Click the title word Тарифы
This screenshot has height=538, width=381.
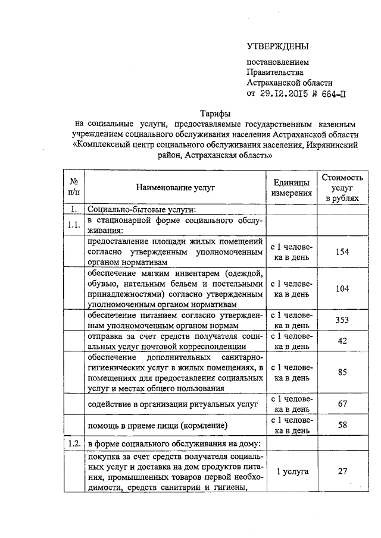tap(215, 114)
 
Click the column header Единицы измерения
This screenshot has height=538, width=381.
tap(292, 187)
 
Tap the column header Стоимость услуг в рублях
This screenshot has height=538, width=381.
tap(342, 187)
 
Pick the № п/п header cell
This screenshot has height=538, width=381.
tap(75, 187)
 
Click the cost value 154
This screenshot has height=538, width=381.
tap(342, 252)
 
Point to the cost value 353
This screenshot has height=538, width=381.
tap(342, 320)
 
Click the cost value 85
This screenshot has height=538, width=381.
tap(342, 373)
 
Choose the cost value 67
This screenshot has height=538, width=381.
tap(342, 404)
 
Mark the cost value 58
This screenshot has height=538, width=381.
tap(342, 426)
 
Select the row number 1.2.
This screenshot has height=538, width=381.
tap(74, 443)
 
